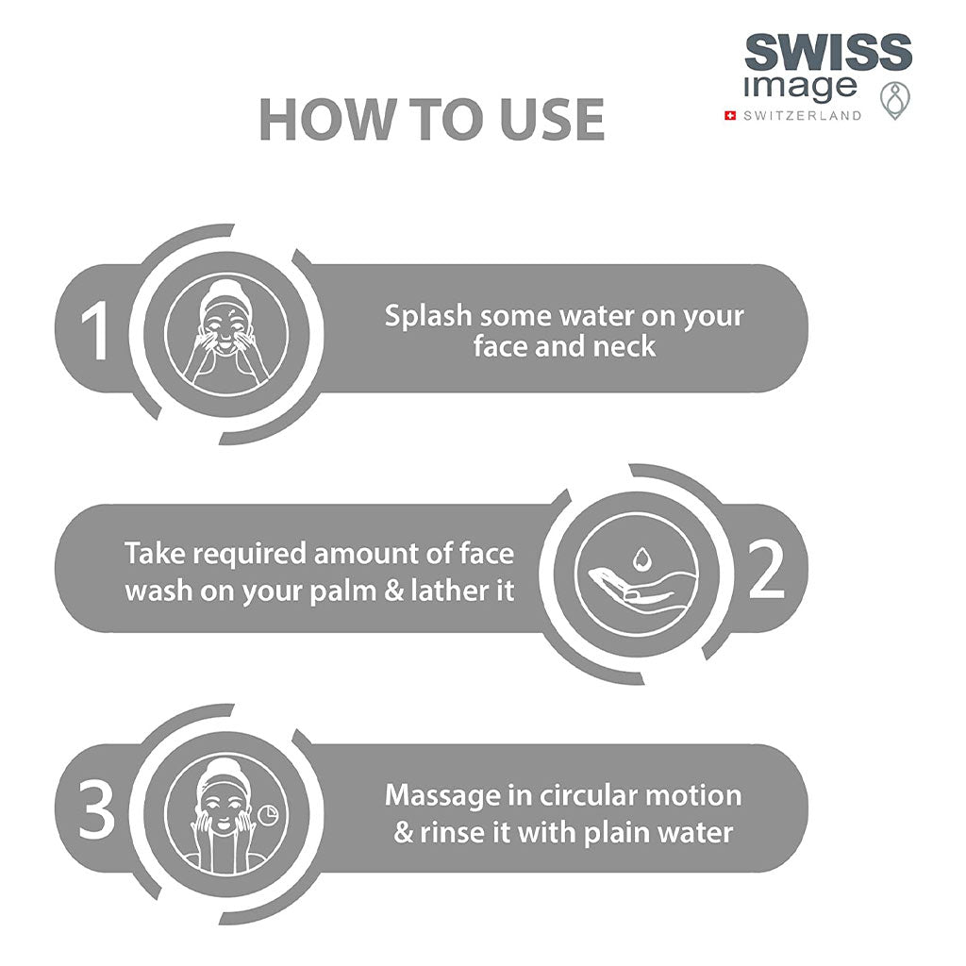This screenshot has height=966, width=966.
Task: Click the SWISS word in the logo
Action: tap(828, 52)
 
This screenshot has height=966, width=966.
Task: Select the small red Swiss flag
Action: tap(731, 115)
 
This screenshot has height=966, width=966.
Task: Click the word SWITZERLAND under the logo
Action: tap(803, 115)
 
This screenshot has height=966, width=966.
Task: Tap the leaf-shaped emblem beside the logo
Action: tap(895, 100)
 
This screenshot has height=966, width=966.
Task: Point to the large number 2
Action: tap(766, 569)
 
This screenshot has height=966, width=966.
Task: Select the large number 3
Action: tap(97, 809)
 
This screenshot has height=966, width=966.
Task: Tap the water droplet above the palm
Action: tap(641, 559)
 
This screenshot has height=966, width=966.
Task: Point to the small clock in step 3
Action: tap(267, 815)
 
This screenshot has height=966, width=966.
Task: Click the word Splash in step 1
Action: tap(428, 317)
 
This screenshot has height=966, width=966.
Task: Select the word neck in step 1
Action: tap(625, 347)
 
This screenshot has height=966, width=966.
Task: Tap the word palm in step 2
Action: tap(341, 591)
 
